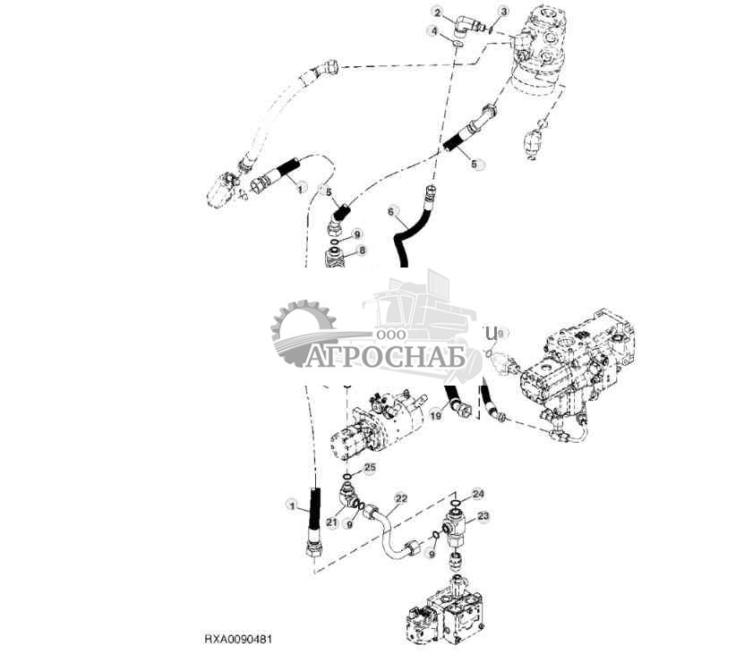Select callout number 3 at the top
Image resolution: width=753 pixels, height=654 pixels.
coord(504,12)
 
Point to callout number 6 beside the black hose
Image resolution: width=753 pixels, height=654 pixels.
coord(390,210)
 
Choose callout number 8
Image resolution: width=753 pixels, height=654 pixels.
coord(363,251)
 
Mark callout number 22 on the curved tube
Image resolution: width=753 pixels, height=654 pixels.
coord(401,498)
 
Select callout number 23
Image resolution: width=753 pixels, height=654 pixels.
coord(484,515)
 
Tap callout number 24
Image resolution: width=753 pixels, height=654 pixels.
coord(478,493)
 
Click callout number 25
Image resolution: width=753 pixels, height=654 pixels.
coord(370,467)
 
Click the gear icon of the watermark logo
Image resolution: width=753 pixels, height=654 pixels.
coord(303,334)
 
